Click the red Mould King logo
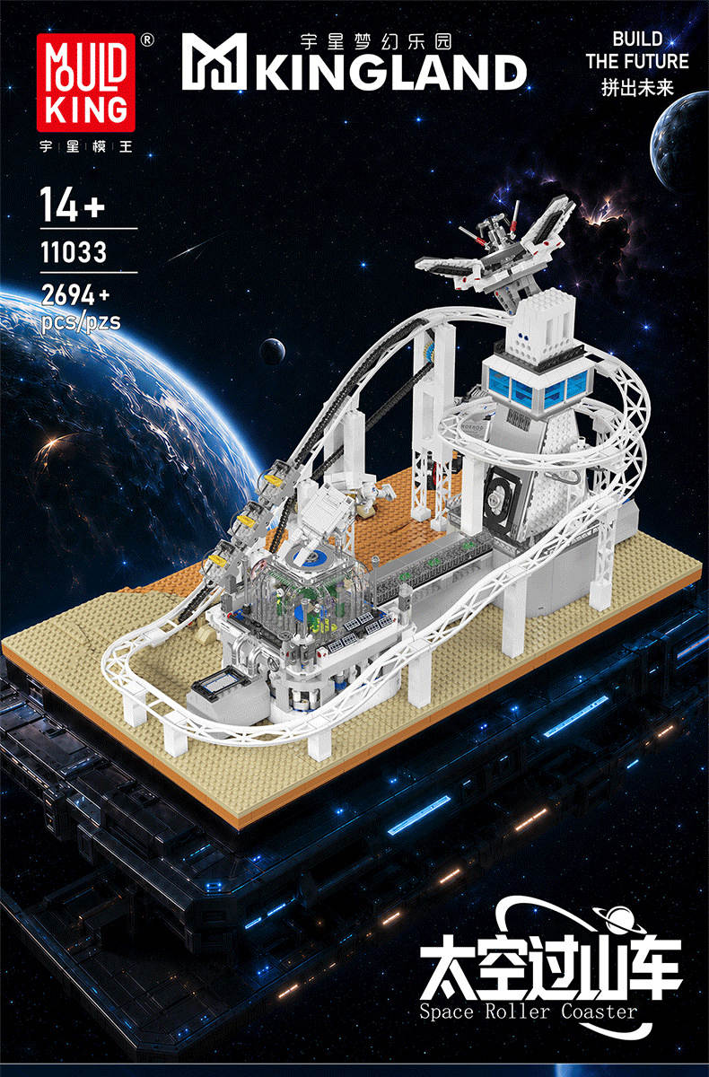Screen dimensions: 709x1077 click(85, 83)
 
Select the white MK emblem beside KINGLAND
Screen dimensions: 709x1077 click(214, 62)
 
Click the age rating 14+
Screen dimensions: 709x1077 click(73, 205)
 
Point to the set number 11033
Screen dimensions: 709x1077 click(74, 252)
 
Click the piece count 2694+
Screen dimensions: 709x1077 click(75, 294)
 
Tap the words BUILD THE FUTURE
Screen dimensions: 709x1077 click(637, 50)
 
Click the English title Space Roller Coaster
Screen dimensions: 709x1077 click(528, 1011)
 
